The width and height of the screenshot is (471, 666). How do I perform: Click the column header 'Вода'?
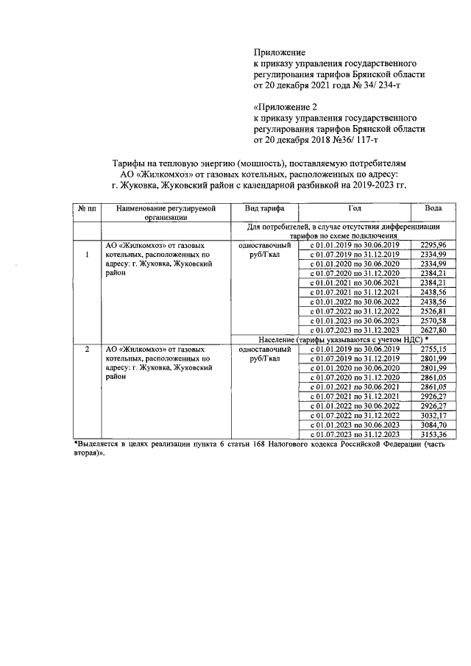433,208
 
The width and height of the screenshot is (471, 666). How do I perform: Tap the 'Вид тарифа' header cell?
265,208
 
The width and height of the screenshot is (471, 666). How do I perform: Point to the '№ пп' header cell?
87,208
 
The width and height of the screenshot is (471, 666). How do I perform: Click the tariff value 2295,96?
433,244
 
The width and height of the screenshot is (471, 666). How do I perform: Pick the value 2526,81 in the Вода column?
433,311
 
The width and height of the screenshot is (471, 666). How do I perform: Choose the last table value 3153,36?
433,435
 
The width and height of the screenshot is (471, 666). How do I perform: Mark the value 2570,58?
433,321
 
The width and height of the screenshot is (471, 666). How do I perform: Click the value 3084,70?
433,425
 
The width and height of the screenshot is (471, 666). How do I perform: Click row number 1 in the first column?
87,255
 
